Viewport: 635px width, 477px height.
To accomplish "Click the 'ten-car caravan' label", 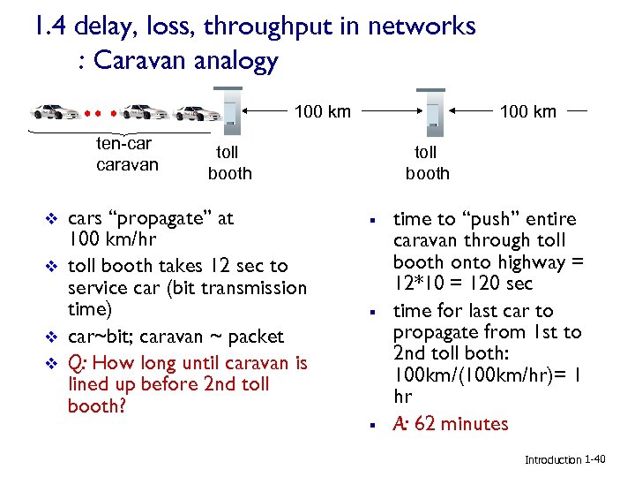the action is pos(126,154).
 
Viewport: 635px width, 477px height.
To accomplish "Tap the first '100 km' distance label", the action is pos(322,111).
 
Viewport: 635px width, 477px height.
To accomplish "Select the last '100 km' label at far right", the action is pos(527,111).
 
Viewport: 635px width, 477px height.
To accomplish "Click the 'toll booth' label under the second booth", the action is pos(428,163).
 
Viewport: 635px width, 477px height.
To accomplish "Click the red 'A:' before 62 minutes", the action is pos(400,424).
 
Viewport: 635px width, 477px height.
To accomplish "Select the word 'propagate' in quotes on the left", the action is pos(150,219).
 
